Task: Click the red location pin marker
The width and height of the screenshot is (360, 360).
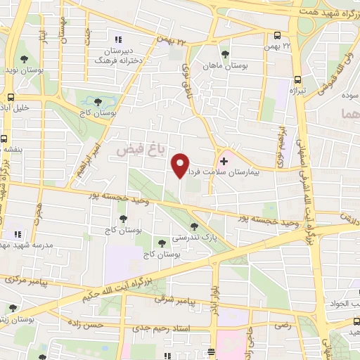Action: pos(181,165)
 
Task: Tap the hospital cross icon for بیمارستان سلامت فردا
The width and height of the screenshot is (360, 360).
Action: pos(224,161)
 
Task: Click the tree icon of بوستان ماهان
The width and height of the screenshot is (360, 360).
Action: pos(224,54)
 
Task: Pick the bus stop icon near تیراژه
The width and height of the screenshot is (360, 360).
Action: pos(298,79)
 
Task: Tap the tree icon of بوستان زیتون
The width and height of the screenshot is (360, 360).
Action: pos(12,307)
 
